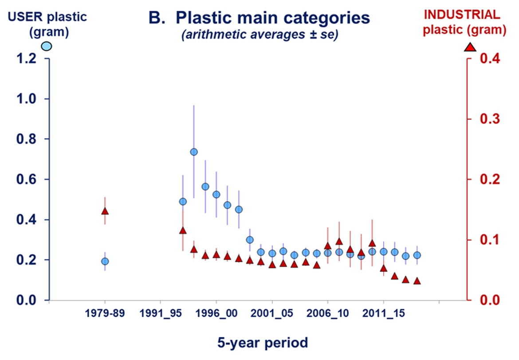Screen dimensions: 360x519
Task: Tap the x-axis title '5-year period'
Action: coord(262,342)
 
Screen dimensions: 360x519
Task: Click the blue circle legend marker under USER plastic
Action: coord(47,46)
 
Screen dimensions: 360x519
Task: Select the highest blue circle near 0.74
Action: coord(194,152)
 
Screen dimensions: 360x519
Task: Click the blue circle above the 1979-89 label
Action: coord(105,261)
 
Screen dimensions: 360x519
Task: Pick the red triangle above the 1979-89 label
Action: coord(105,211)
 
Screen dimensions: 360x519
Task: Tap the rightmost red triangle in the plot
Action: coord(417,281)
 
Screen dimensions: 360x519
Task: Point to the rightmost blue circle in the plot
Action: coord(417,255)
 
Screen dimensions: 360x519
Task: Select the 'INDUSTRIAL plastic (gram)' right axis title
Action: coord(464,22)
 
